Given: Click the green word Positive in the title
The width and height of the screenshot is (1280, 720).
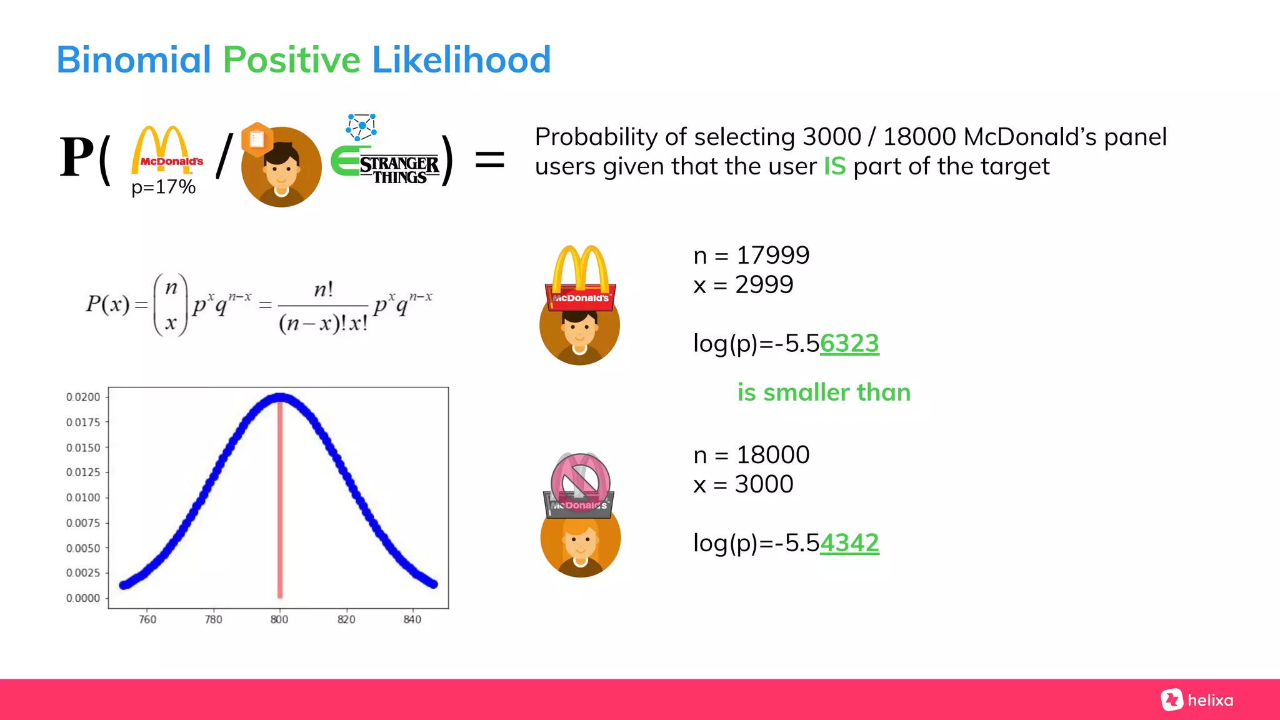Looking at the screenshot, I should [x=291, y=60].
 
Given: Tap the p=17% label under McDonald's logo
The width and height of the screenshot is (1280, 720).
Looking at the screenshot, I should [x=163, y=187].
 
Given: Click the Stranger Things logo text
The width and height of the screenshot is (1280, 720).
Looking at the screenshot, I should [x=399, y=170].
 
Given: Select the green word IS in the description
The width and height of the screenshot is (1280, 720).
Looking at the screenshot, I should [x=834, y=166].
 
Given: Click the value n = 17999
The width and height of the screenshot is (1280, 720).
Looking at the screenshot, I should [x=751, y=255].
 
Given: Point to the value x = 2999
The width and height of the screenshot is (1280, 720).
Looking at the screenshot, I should [x=743, y=285].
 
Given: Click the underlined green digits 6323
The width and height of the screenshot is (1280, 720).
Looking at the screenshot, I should [x=849, y=344].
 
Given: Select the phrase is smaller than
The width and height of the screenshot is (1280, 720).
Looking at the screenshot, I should [x=824, y=392].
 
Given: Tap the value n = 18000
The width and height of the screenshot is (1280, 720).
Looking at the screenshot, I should [x=751, y=455].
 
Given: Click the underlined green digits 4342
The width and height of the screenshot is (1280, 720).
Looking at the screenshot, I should [x=849, y=543].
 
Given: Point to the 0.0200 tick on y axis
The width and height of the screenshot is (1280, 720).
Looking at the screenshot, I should [x=83, y=397].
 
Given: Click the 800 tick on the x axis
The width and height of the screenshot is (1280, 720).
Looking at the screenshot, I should [x=279, y=619].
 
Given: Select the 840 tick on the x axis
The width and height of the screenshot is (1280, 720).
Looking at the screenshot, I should [x=412, y=619].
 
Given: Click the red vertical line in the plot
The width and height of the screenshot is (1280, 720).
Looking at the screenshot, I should [x=280, y=500].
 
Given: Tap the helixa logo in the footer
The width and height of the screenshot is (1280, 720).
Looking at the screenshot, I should [x=1197, y=700].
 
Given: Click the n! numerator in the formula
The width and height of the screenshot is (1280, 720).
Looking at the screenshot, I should [x=323, y=290].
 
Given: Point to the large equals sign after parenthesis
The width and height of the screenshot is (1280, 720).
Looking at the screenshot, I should [x=489, y=159].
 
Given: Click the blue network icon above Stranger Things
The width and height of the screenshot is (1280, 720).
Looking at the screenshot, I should [x=361, y=127].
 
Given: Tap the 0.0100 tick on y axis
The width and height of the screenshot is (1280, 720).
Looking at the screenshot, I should [x=83, y=497].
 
